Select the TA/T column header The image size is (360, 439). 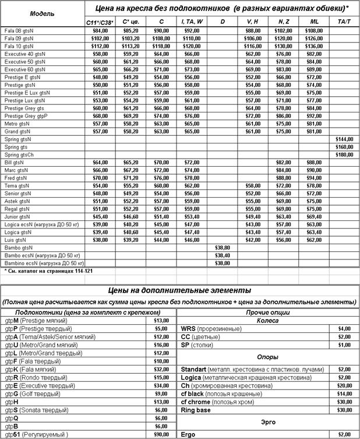click(x=344, y=22)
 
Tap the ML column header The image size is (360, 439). click(x=314, y=22)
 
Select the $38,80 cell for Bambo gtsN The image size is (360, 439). click(x=223, y=247)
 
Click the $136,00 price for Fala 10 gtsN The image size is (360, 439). click(x=314, y=45)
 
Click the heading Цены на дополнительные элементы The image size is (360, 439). click(x=179, y=290)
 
